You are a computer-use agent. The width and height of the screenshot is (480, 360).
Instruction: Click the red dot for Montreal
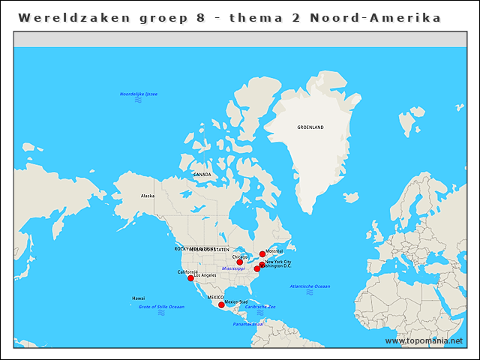tap(262, 254)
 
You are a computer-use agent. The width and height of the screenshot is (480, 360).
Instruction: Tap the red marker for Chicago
tap(240, 262)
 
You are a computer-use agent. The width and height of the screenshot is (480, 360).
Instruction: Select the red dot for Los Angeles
tap(190, 278)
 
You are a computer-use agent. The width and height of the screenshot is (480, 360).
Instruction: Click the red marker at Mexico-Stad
tap(221, 304)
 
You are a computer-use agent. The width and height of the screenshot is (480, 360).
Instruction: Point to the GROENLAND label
tap(310, 127)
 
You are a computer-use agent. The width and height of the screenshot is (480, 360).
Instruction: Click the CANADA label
tap(202, 175)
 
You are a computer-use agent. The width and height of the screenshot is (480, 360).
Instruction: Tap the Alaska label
tap(148, 196)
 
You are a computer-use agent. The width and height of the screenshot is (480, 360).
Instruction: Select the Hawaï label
tap(139, 298)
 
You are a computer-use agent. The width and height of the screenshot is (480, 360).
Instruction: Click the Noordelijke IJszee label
tap(139, 94)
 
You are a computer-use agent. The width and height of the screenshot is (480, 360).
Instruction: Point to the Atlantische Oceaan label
tap(310, 286)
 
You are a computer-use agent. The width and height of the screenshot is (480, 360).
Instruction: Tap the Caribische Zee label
tap(260, 306)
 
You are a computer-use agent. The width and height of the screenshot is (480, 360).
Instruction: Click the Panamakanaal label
tap(247, 324)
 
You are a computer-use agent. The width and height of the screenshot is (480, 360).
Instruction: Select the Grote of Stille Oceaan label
tap(161, 306)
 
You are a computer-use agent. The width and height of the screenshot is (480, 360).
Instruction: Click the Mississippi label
tap(233, 268)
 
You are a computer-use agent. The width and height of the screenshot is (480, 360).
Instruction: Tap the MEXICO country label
tap(216, 298)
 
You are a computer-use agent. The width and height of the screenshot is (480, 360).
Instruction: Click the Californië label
tap(187, 271)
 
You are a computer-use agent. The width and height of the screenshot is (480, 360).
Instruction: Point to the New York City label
tap(278, 261)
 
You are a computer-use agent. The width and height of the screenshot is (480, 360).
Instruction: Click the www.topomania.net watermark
tap(424, 340)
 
